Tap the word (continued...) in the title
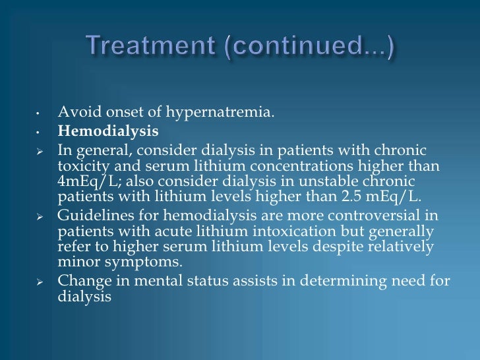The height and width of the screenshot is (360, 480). coord(320,48)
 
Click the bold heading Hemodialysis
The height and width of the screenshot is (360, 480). coord(107,131)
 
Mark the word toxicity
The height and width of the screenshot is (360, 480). coord(78,166)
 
